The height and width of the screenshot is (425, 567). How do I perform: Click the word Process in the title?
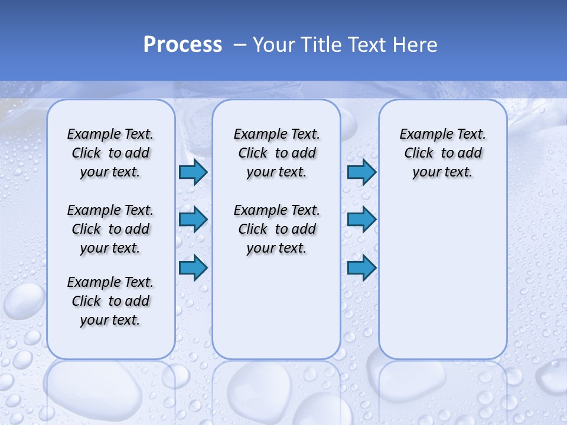(x=183, y=45)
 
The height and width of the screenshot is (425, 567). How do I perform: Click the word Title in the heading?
(x=320, y=45)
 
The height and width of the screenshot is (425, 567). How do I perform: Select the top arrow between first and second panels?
(x=193, y=172)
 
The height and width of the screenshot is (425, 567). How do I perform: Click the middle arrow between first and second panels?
(x=193, y=220)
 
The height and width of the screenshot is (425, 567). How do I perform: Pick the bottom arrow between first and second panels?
(x=193, y=267)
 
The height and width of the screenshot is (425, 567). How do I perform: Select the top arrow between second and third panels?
(x=361, y=172)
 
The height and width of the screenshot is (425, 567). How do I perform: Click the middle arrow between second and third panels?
(x=361, y=220)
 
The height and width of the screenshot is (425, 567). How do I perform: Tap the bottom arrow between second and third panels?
(x=361, y=267)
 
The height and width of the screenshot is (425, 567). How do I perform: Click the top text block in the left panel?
(x=110, y=153)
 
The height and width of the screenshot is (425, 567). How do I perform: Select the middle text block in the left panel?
(x=110, y=229)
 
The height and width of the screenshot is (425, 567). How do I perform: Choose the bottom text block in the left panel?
(x=110, y=301)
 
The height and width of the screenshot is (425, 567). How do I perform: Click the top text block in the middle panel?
(x=276, y=153)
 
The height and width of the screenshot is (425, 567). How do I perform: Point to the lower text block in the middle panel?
(x=276, y=229)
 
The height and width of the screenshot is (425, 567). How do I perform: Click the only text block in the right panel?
(x=442, y=153)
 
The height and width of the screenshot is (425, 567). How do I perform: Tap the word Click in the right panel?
(x=419, y=153)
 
